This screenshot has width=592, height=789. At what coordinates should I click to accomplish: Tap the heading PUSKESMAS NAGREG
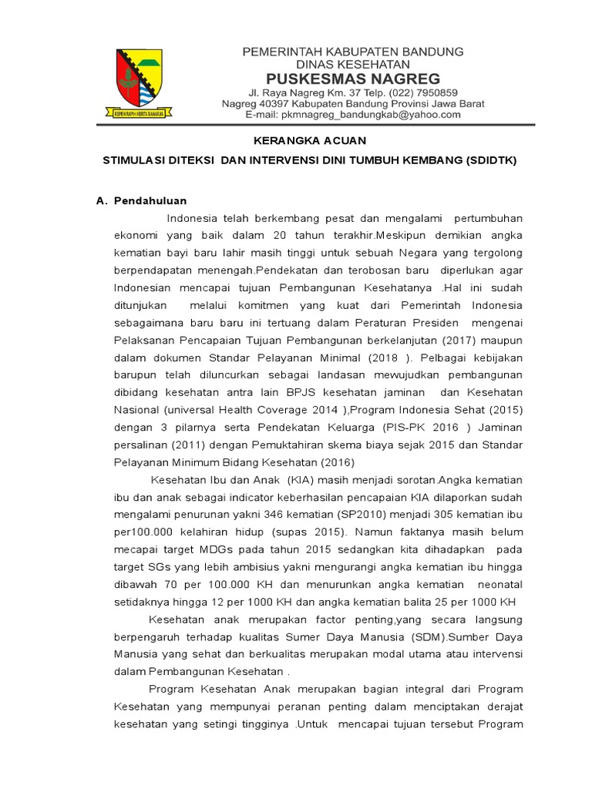pyautogui.click(x=353, y=79)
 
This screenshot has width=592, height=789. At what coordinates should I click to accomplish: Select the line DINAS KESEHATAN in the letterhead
pyautogui.click(x=353, y=65)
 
